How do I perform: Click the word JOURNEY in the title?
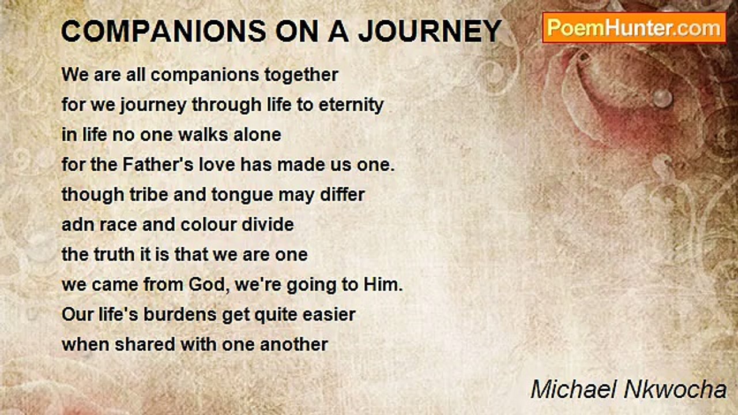point(430,31)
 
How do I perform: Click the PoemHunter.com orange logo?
point(634,28)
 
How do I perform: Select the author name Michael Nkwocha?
point(628,390)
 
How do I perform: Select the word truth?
point(115,255)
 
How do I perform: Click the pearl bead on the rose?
point(662,98)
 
